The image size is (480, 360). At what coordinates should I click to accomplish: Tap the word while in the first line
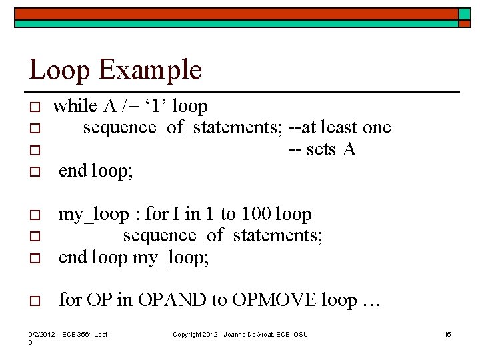[x=75, y=106]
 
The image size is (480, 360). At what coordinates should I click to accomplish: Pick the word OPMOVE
[x=274, y=300]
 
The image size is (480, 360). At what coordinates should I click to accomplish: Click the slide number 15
[x=447, y=334]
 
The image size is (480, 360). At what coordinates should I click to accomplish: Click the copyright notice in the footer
[x=240, y=334]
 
